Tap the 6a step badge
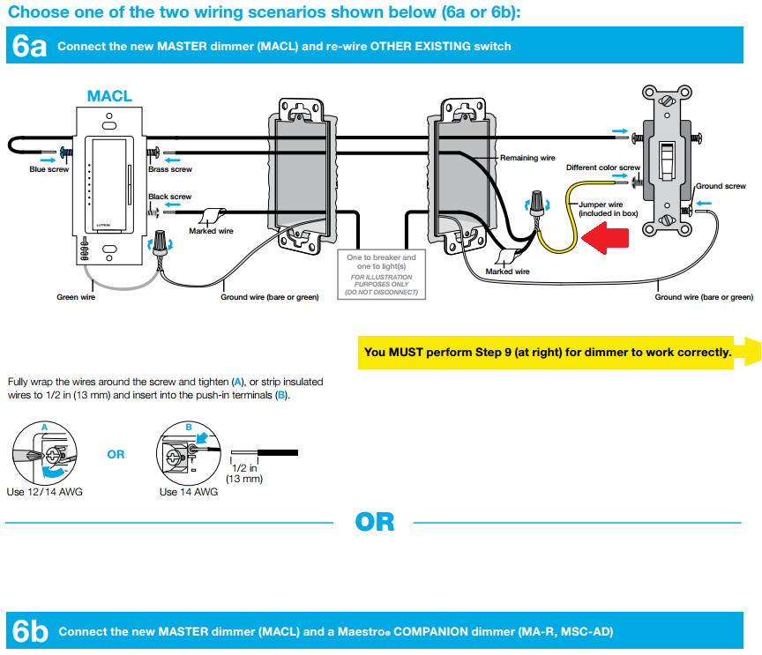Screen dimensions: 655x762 [27, 46]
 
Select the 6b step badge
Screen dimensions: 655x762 [27, 631]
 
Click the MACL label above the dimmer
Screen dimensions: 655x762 [109, 96]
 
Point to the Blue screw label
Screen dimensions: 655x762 [49, 169]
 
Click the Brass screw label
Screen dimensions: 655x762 [170, 169]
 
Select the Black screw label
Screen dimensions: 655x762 [170, 197]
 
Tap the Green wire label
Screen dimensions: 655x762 [76, 297]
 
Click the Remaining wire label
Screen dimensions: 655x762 [527, 158]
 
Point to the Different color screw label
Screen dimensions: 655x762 [603, 167]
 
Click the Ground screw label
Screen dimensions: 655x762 [721, 186]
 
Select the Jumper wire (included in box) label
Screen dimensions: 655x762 [608, 208]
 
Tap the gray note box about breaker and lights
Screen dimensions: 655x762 [382, 274]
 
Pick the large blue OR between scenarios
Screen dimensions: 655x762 [374, 522]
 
